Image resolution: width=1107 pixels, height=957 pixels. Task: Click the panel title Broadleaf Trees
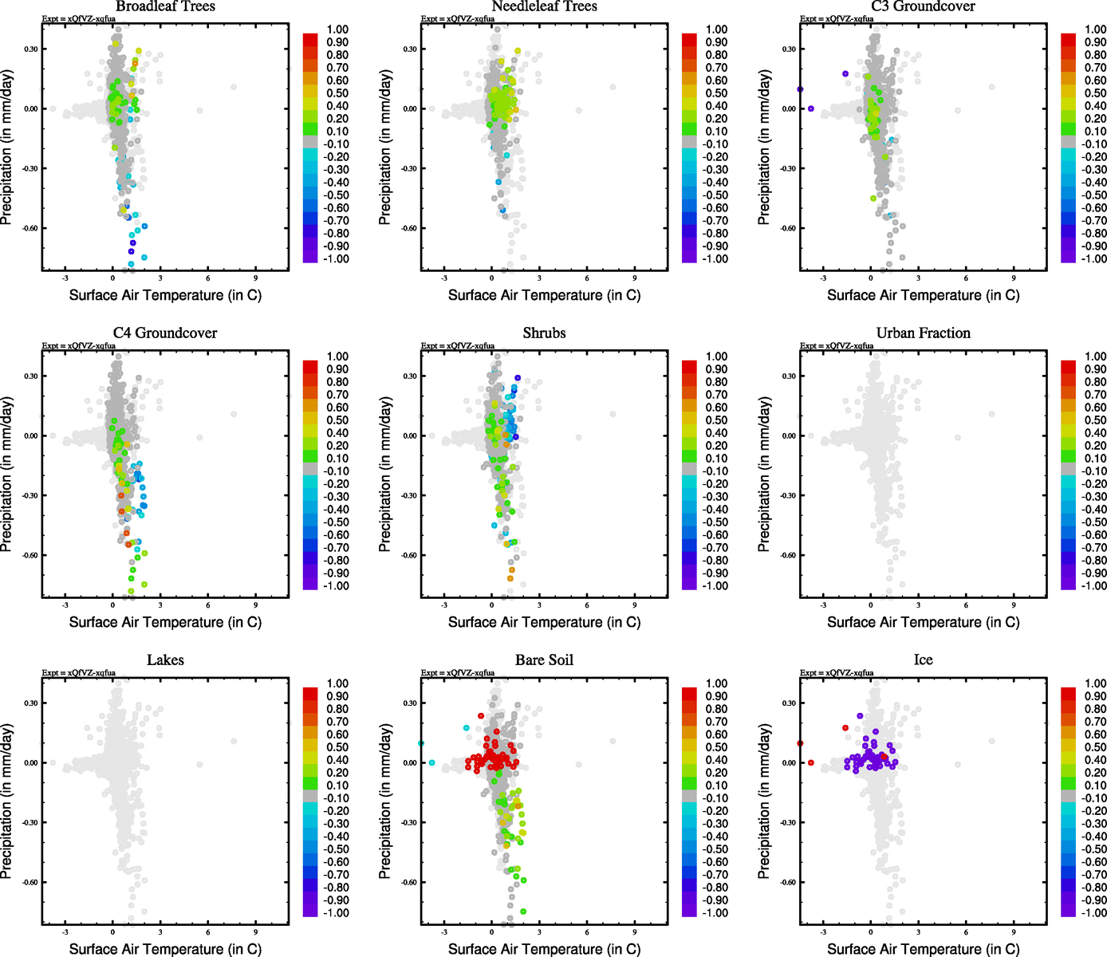165,6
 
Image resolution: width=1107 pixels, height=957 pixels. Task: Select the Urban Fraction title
923,333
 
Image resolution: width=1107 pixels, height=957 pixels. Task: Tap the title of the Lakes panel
165,660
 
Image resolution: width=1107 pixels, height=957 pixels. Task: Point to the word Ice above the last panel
923,660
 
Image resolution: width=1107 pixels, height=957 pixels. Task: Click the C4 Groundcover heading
165,333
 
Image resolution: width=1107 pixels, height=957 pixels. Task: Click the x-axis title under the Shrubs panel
544,622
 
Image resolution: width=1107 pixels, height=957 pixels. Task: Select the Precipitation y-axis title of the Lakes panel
8,801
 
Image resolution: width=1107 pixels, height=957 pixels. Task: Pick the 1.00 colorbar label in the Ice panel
1095,683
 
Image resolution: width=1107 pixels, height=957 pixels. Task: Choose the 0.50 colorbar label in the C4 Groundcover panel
337,420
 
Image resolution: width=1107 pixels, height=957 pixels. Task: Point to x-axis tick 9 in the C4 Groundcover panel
256,605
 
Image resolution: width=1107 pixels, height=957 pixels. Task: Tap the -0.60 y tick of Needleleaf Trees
409,228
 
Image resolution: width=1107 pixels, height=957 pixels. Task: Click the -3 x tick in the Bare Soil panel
444,932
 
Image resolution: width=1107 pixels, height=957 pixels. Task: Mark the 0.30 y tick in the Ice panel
788,703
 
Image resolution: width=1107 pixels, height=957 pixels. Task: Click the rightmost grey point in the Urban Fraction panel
992,414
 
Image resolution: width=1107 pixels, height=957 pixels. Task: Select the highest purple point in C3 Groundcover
845,74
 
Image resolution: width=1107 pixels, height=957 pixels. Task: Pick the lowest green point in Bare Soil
523,911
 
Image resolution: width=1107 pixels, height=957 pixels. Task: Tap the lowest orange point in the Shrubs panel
510,578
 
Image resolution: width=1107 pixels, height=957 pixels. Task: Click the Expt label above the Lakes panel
79,673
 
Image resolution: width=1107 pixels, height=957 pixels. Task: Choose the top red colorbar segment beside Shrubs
689,365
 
